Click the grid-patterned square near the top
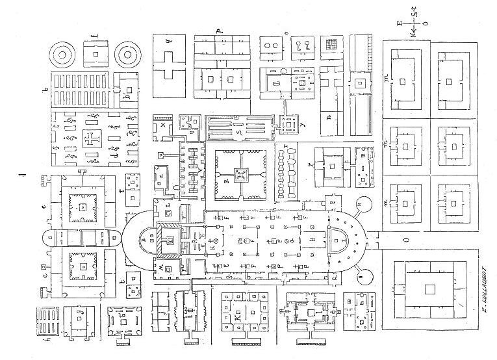click(x=331, y=45)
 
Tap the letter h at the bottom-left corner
click(x=45, y=337)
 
